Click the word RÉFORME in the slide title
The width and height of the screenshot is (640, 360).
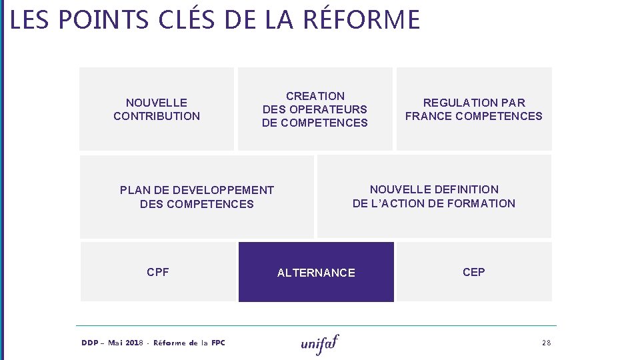(361, 19)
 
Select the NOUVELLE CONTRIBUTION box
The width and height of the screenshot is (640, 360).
(157, 109)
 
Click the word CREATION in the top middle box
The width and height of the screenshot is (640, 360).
(315, 96)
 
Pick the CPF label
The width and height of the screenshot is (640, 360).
(158, 272)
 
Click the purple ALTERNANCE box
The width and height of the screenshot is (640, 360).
(316, 272)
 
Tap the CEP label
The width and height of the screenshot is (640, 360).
(474, 272)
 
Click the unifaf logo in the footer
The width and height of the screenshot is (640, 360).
(320, 343)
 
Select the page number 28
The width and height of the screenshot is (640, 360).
(547, 343)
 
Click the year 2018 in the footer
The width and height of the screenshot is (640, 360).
(134, 343)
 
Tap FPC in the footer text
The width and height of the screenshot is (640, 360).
(218, 343)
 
